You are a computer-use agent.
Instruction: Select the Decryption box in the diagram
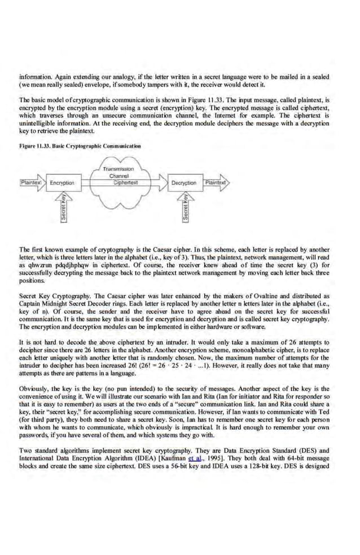pyautogui.click(x=185, y=183)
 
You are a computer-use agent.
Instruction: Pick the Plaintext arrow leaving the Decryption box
pyautogui.click(x=216, y=182)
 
